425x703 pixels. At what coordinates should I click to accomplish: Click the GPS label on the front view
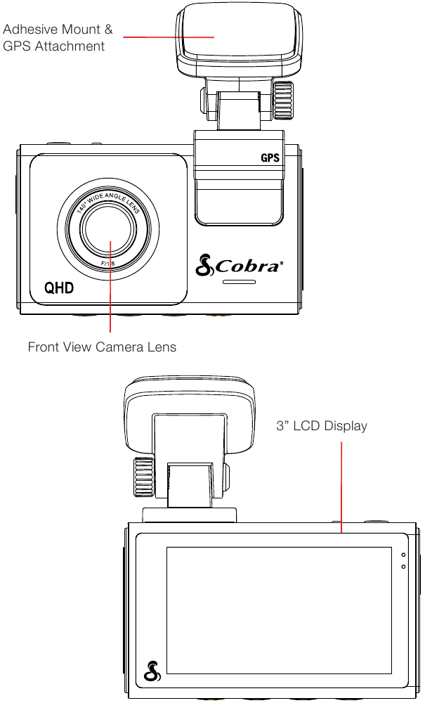[x=270, y=157]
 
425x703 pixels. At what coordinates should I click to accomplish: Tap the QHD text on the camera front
[x=59, y=288]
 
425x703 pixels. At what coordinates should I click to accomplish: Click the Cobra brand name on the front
[x=249, y=266]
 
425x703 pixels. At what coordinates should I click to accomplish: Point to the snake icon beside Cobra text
[x=204, y=264]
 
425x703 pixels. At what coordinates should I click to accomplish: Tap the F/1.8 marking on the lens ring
[x=108, y=264]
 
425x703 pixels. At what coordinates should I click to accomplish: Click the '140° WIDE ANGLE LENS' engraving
[x=108, y=204]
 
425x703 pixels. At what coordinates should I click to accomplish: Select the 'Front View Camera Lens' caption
[x=102, y=347]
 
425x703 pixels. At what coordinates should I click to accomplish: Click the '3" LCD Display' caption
[x=322, y=425]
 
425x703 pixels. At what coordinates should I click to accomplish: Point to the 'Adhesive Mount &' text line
[x=58, y=30]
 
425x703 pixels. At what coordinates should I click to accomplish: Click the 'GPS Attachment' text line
[x=54, y=46]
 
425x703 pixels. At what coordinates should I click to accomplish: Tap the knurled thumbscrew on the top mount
[x=284, y=101]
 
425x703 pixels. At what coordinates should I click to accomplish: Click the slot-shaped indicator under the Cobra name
[x=239, y=282]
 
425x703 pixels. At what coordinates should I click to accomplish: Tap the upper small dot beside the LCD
[x=403, y=555]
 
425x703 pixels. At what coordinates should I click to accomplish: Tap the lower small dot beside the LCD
[x=403, y=567]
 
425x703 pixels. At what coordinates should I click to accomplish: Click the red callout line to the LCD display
[x=341, y=487]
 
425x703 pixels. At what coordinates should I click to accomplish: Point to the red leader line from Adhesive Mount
[x=169, y=37]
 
